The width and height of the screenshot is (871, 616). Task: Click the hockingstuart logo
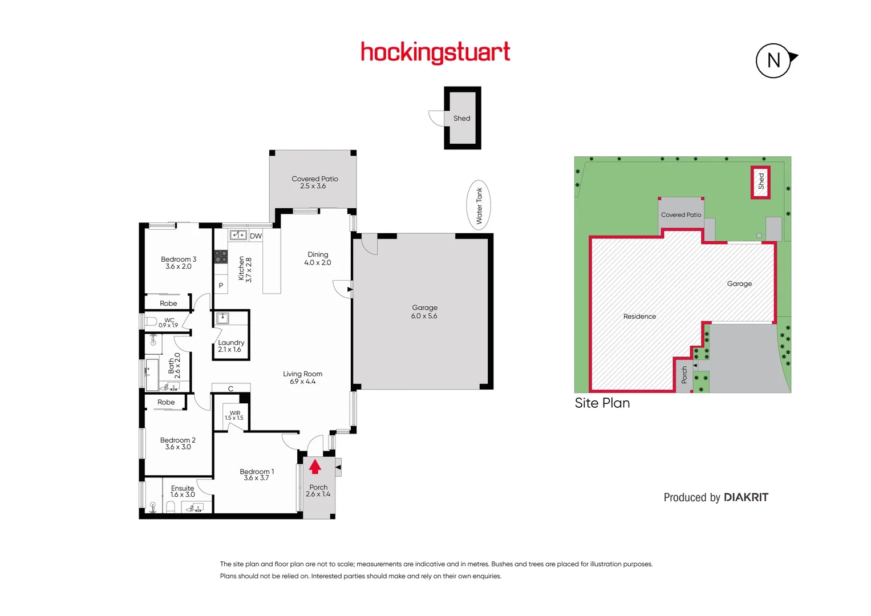[435, 52]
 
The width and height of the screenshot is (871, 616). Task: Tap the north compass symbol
[773, 60]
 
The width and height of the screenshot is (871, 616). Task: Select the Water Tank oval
[479, 205]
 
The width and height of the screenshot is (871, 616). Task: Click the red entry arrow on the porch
[315, 467]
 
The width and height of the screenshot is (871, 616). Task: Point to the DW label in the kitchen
[256, 236]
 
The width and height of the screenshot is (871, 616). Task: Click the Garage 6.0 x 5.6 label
[424, 311]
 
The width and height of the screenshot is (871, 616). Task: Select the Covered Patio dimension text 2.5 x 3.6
[313, 186]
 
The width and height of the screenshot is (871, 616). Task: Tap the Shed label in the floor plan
[461, 119]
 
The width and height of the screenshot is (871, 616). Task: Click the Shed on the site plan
[760, 182]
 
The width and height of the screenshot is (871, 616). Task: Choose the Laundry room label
[230, 346]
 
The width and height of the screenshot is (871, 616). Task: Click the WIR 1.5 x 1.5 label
[234, 415]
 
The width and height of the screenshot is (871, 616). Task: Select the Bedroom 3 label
[179, 262]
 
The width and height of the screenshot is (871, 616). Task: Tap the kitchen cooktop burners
[221, 257]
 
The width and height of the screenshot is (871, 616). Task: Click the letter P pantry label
[221, 285]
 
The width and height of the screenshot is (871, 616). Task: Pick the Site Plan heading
[602, 403]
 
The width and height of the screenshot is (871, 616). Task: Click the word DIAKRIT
[746, 497]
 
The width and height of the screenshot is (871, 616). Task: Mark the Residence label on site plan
[639, 317]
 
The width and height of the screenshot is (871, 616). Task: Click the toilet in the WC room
[151, 322]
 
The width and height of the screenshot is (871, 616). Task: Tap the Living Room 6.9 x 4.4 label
[302, 378]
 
